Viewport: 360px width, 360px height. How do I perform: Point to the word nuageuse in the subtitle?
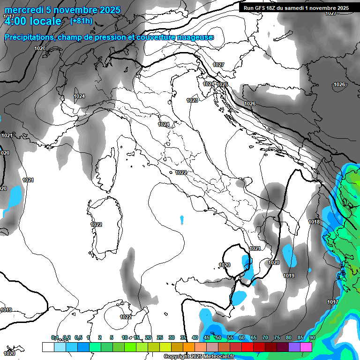(198, 37)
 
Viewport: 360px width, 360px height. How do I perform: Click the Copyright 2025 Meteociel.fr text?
(199, 356)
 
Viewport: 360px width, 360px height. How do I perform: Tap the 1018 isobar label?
(314, 222)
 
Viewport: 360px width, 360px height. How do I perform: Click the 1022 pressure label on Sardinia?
(96, 225)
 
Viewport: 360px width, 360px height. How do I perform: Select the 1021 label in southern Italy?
(255, 248)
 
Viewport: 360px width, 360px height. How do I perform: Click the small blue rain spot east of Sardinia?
(182, 219)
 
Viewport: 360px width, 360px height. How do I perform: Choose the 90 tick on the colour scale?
(312, 337)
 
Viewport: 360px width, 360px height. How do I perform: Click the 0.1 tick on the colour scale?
(54, 337)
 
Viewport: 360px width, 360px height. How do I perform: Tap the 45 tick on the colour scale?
(207, 337)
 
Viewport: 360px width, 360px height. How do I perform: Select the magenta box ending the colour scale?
(306, 347)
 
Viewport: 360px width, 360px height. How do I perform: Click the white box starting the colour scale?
(48, 347)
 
